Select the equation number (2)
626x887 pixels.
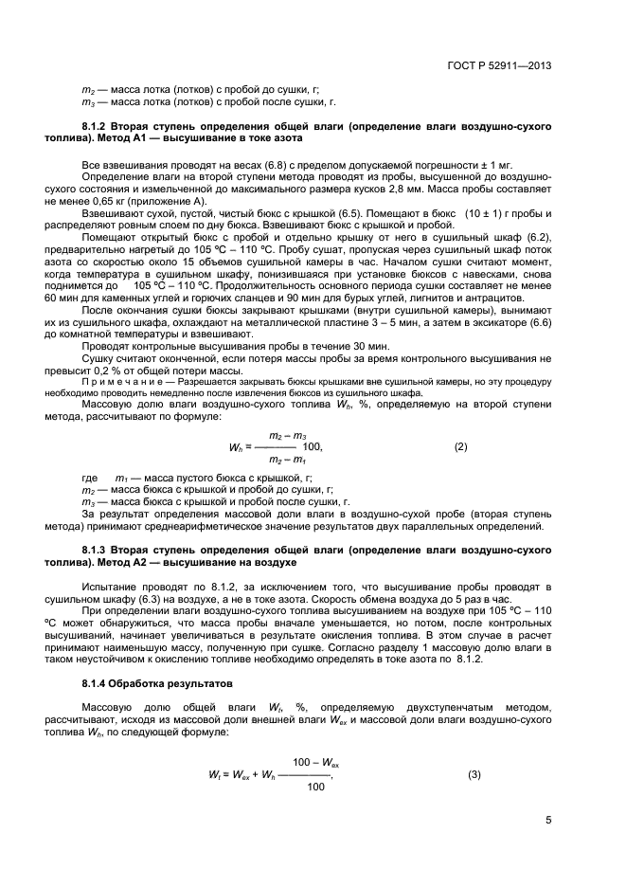click(461, 445)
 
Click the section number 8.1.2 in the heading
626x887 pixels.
click(98, 125)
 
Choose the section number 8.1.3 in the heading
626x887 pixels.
click(98, 549)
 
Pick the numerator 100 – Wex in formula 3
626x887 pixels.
click(315, 762)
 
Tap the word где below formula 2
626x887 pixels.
click(90, 477)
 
